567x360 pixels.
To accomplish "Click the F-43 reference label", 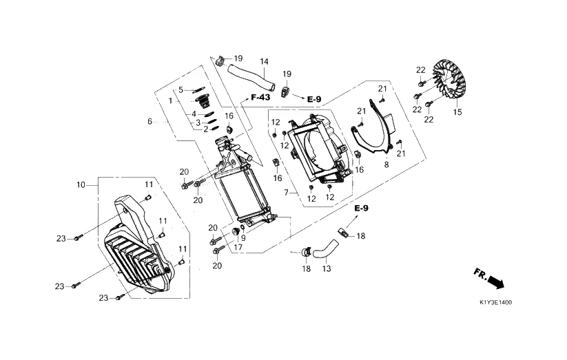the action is tap(260, 97).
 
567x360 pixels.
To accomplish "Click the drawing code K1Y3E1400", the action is tap(495, 303).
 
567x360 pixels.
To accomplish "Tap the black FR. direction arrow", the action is tap(495, 282).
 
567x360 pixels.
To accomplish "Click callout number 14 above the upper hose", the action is tap(265, 62).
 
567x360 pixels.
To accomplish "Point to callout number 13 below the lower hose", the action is tap(326, 268).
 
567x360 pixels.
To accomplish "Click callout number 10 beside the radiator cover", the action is tap(81, 185).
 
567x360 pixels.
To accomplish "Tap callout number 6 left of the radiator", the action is tap(150, 121).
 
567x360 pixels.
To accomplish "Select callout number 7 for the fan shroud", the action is tap(286, 193).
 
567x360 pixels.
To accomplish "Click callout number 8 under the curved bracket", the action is tap(386, 165).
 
